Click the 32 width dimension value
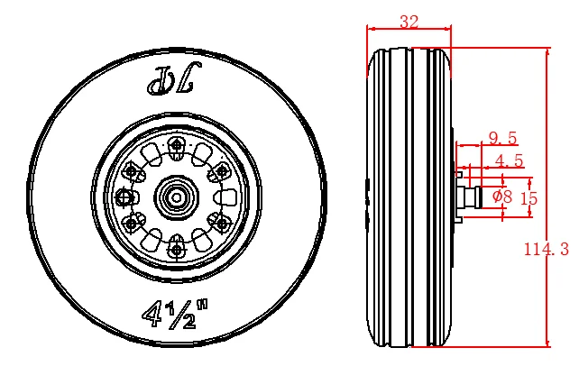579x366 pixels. point(409,23)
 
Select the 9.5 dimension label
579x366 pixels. point(502,138)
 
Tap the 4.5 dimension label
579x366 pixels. point(510,161)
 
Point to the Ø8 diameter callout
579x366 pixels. point(502,196)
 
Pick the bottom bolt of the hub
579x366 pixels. point(177,242)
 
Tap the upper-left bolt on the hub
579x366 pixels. point(133,170)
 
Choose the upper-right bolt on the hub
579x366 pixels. point(219,170)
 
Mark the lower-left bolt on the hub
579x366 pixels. point(133,221)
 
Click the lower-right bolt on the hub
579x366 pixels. point(219,221)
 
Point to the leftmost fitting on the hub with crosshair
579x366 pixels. point(125,196)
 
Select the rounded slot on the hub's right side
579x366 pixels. point(222,196)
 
